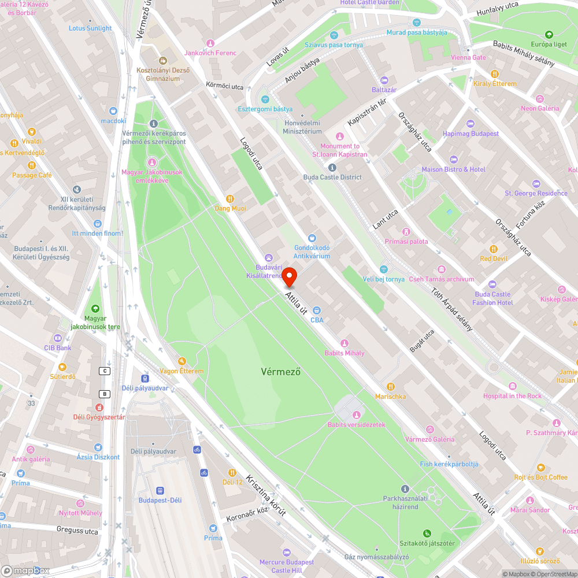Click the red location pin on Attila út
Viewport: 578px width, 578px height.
(289, 277)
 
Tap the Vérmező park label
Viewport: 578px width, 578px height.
(280, 372)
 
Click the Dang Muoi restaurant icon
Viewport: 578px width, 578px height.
(230, 198)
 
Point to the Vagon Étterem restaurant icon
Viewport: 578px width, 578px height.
(181, 361)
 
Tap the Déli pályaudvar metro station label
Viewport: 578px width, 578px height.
(145, 388)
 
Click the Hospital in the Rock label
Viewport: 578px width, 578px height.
(512, 396)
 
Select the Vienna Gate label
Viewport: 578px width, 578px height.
(468, 58)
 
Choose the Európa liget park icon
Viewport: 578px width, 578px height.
(549, 35)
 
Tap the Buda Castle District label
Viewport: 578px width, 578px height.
(332, 177)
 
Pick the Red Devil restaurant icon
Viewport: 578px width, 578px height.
(493, 249)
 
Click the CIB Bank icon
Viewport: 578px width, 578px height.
(57, 338)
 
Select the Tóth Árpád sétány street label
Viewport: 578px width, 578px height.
(452, 310)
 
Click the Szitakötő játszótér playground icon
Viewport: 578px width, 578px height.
(427, 533)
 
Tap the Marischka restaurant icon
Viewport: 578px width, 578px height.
(391, 386)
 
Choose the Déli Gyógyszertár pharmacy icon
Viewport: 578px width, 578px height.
(98, 407)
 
